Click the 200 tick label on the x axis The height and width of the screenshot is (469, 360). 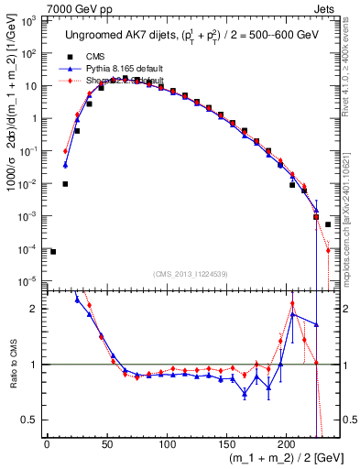(x=287, y=446)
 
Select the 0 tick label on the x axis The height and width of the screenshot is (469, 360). (x=47, y=446)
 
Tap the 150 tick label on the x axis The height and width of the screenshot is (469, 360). (x=227, y=446)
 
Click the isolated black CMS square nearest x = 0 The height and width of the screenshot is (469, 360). (x=53, y=251)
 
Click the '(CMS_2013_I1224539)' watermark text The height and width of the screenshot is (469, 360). (x=191, y=273)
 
